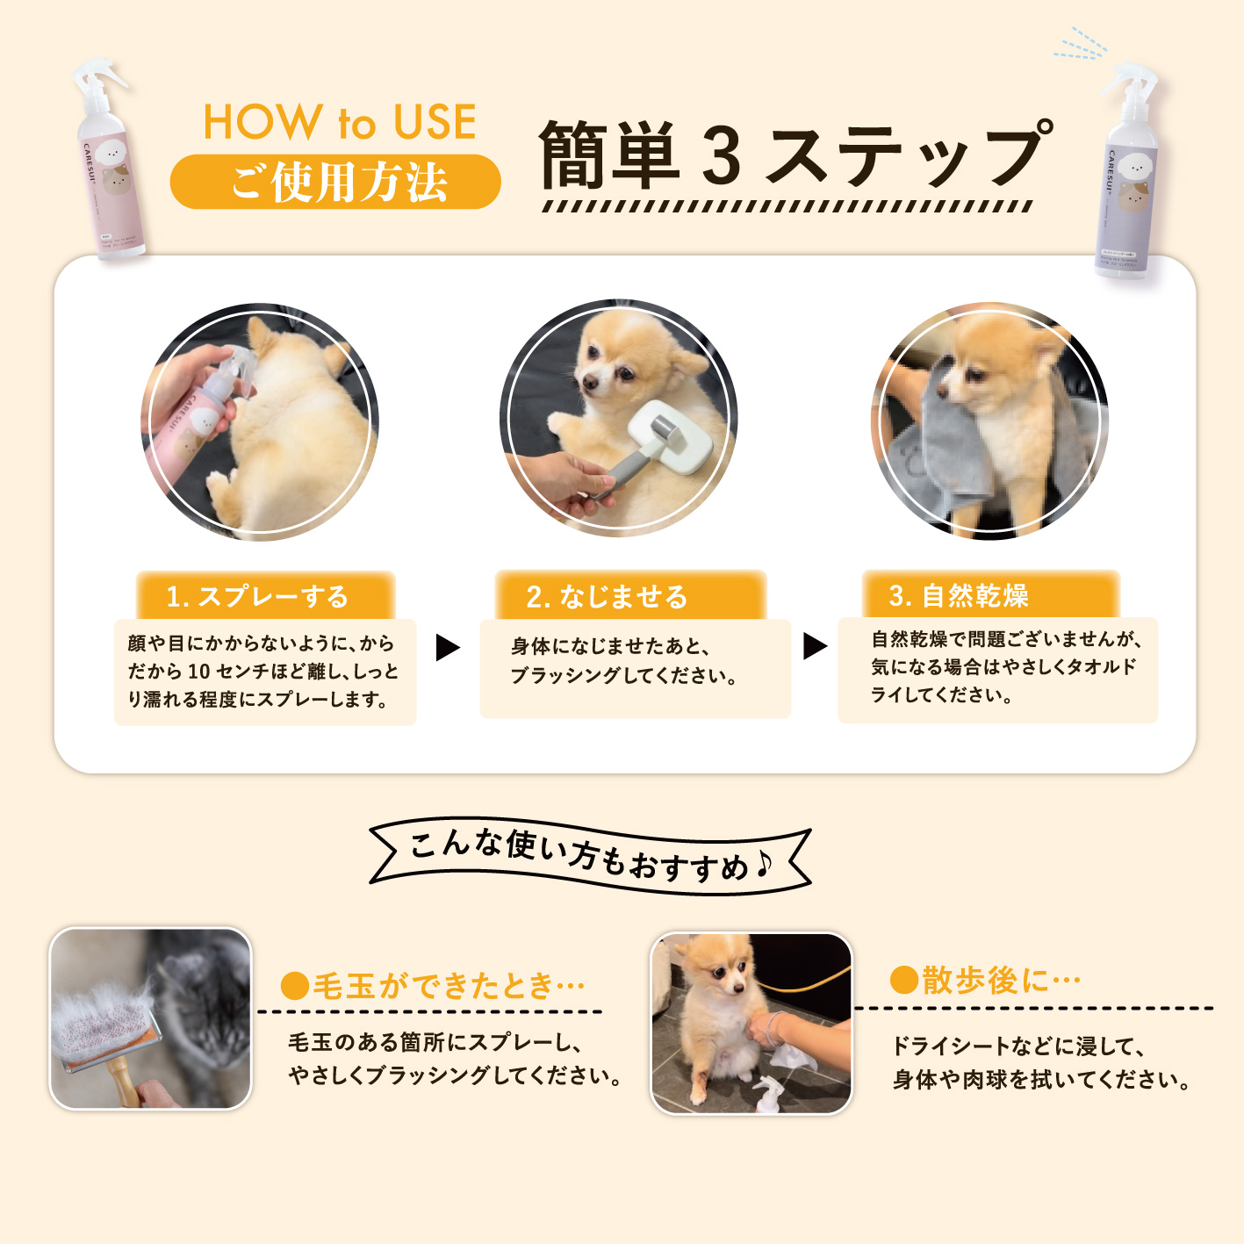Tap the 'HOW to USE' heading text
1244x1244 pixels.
[x=340, y=122]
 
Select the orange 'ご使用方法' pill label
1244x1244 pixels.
[x=335, y=183]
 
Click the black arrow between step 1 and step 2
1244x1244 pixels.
[x=448, y=648]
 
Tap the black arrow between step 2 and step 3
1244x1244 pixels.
[x=815, y=646]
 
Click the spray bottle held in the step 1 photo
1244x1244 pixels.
[x=198, y=413]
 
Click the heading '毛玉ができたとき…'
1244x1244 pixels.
[x=433, y=985]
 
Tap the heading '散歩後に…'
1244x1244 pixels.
[x=985, y=980]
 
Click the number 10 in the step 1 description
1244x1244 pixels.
[x=198, y=672]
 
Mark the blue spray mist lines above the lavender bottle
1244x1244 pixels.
[x=1082, y=44]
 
